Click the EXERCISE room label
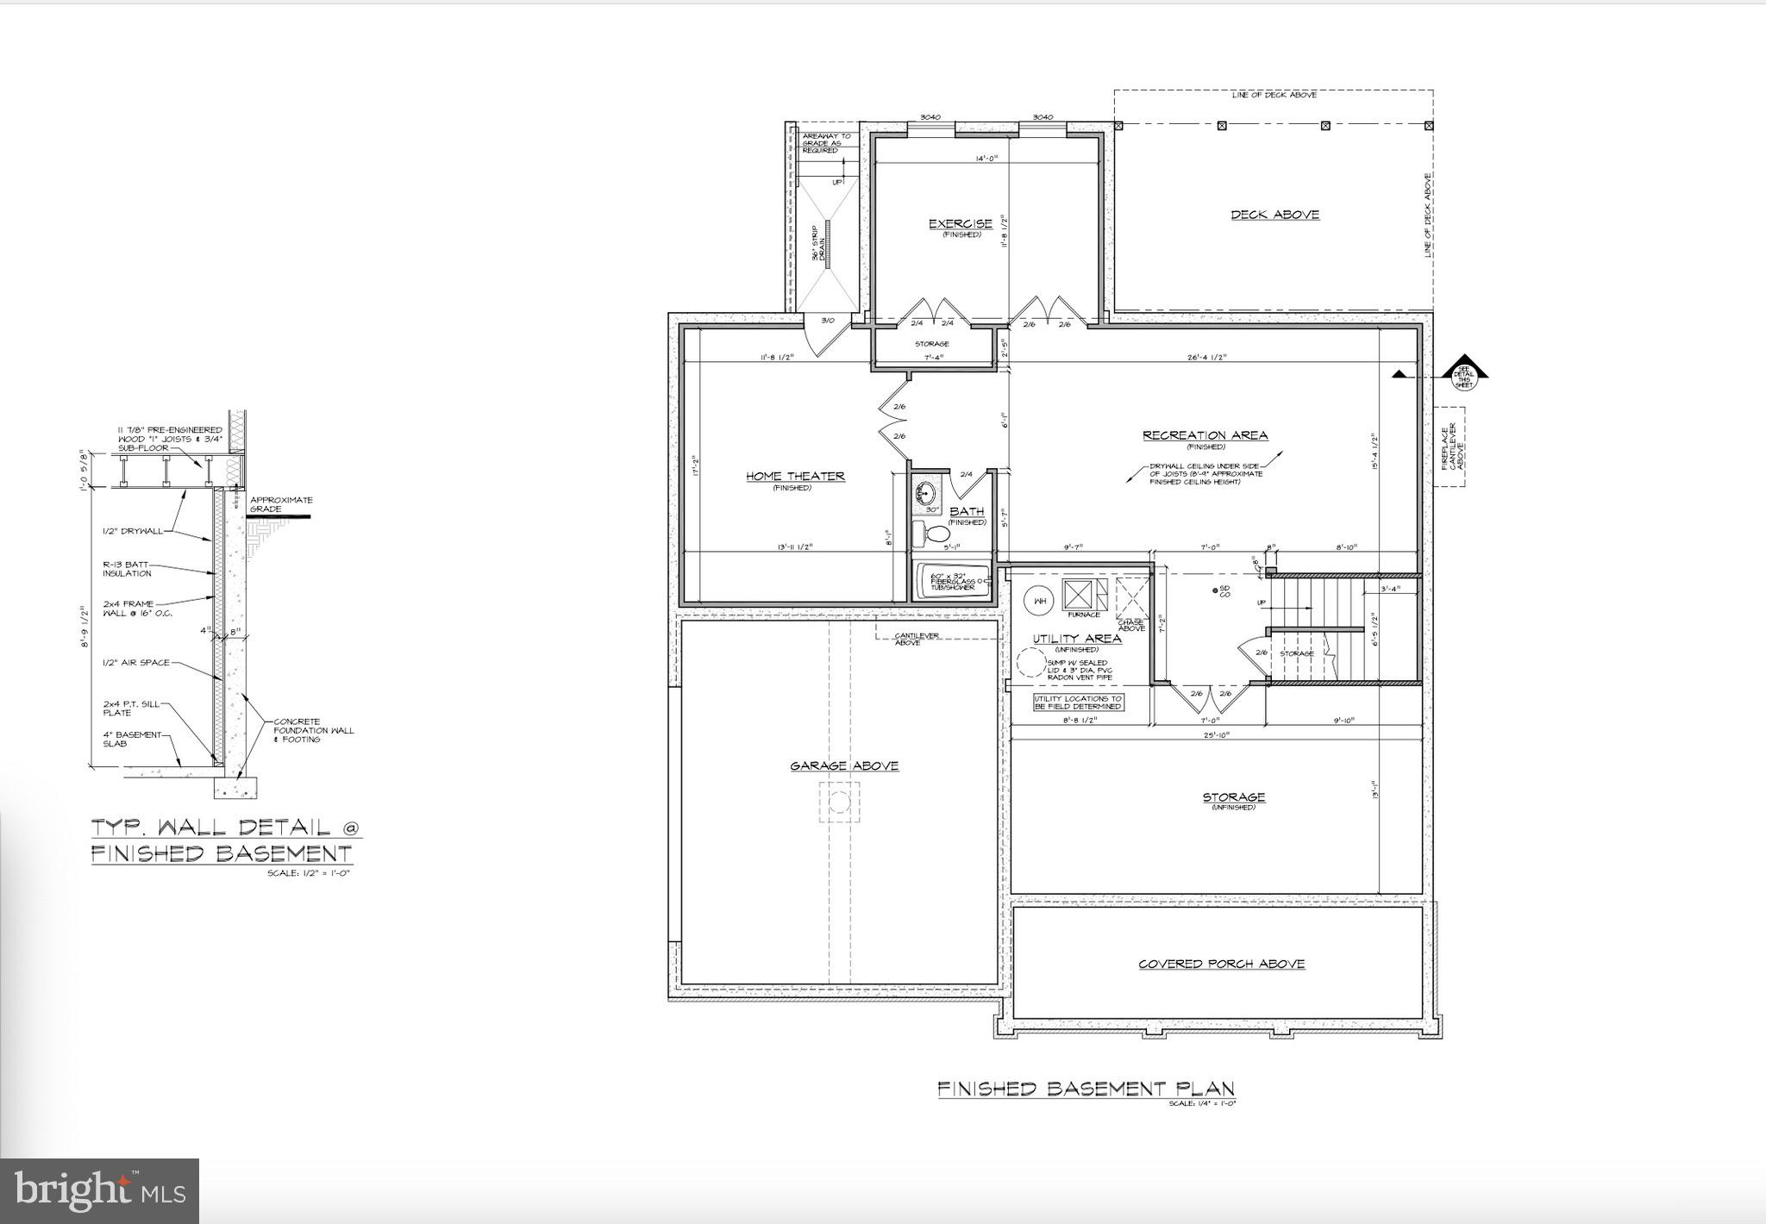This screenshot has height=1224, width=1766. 960,224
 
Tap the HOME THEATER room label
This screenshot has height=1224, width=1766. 794,476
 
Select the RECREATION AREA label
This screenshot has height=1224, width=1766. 1205,435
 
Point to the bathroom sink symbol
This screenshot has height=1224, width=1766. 926,494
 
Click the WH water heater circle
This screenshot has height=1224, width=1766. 1040,601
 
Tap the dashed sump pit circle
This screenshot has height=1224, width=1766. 1030,664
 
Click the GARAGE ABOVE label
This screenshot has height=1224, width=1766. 844,765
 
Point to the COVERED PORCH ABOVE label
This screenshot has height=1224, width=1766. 1221,964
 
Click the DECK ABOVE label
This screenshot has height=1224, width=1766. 1274,215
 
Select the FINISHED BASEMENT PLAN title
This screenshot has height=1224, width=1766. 1086,1089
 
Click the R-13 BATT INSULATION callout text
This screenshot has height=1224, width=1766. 127,569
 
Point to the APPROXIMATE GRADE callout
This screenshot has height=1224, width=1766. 280,504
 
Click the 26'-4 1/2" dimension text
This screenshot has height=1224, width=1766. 1205,356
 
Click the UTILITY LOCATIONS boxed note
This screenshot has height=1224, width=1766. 1079,703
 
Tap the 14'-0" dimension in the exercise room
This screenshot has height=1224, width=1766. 986,159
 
